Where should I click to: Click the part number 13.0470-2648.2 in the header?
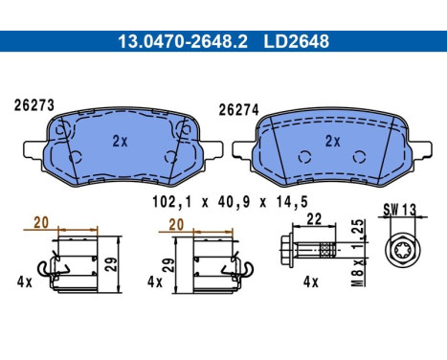click(x=183, y=41)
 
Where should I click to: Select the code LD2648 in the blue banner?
click(x=296, y=41)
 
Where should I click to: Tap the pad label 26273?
click(x=34, y=105)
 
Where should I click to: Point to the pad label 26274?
click(x=238, y=110)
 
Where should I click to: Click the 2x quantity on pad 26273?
click(x=120, y=141)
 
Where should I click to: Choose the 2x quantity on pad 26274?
click(x=333, y=141)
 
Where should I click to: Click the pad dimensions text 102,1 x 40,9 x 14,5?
click(x=230, y=202)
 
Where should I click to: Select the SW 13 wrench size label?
click(x=400, y=210)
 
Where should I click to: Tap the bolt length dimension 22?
click(x=314, y=219)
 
